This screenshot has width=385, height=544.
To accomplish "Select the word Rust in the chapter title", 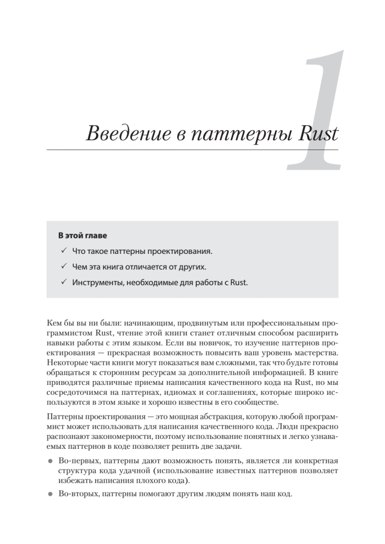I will pos(316,135).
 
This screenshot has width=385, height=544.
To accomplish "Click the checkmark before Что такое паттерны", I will pos(63,251).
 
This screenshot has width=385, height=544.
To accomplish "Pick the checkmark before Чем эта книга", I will pos(63,267).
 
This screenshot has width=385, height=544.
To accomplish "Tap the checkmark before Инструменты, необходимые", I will pos(63,282).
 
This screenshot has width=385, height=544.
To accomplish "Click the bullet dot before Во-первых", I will pos(50,461).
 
